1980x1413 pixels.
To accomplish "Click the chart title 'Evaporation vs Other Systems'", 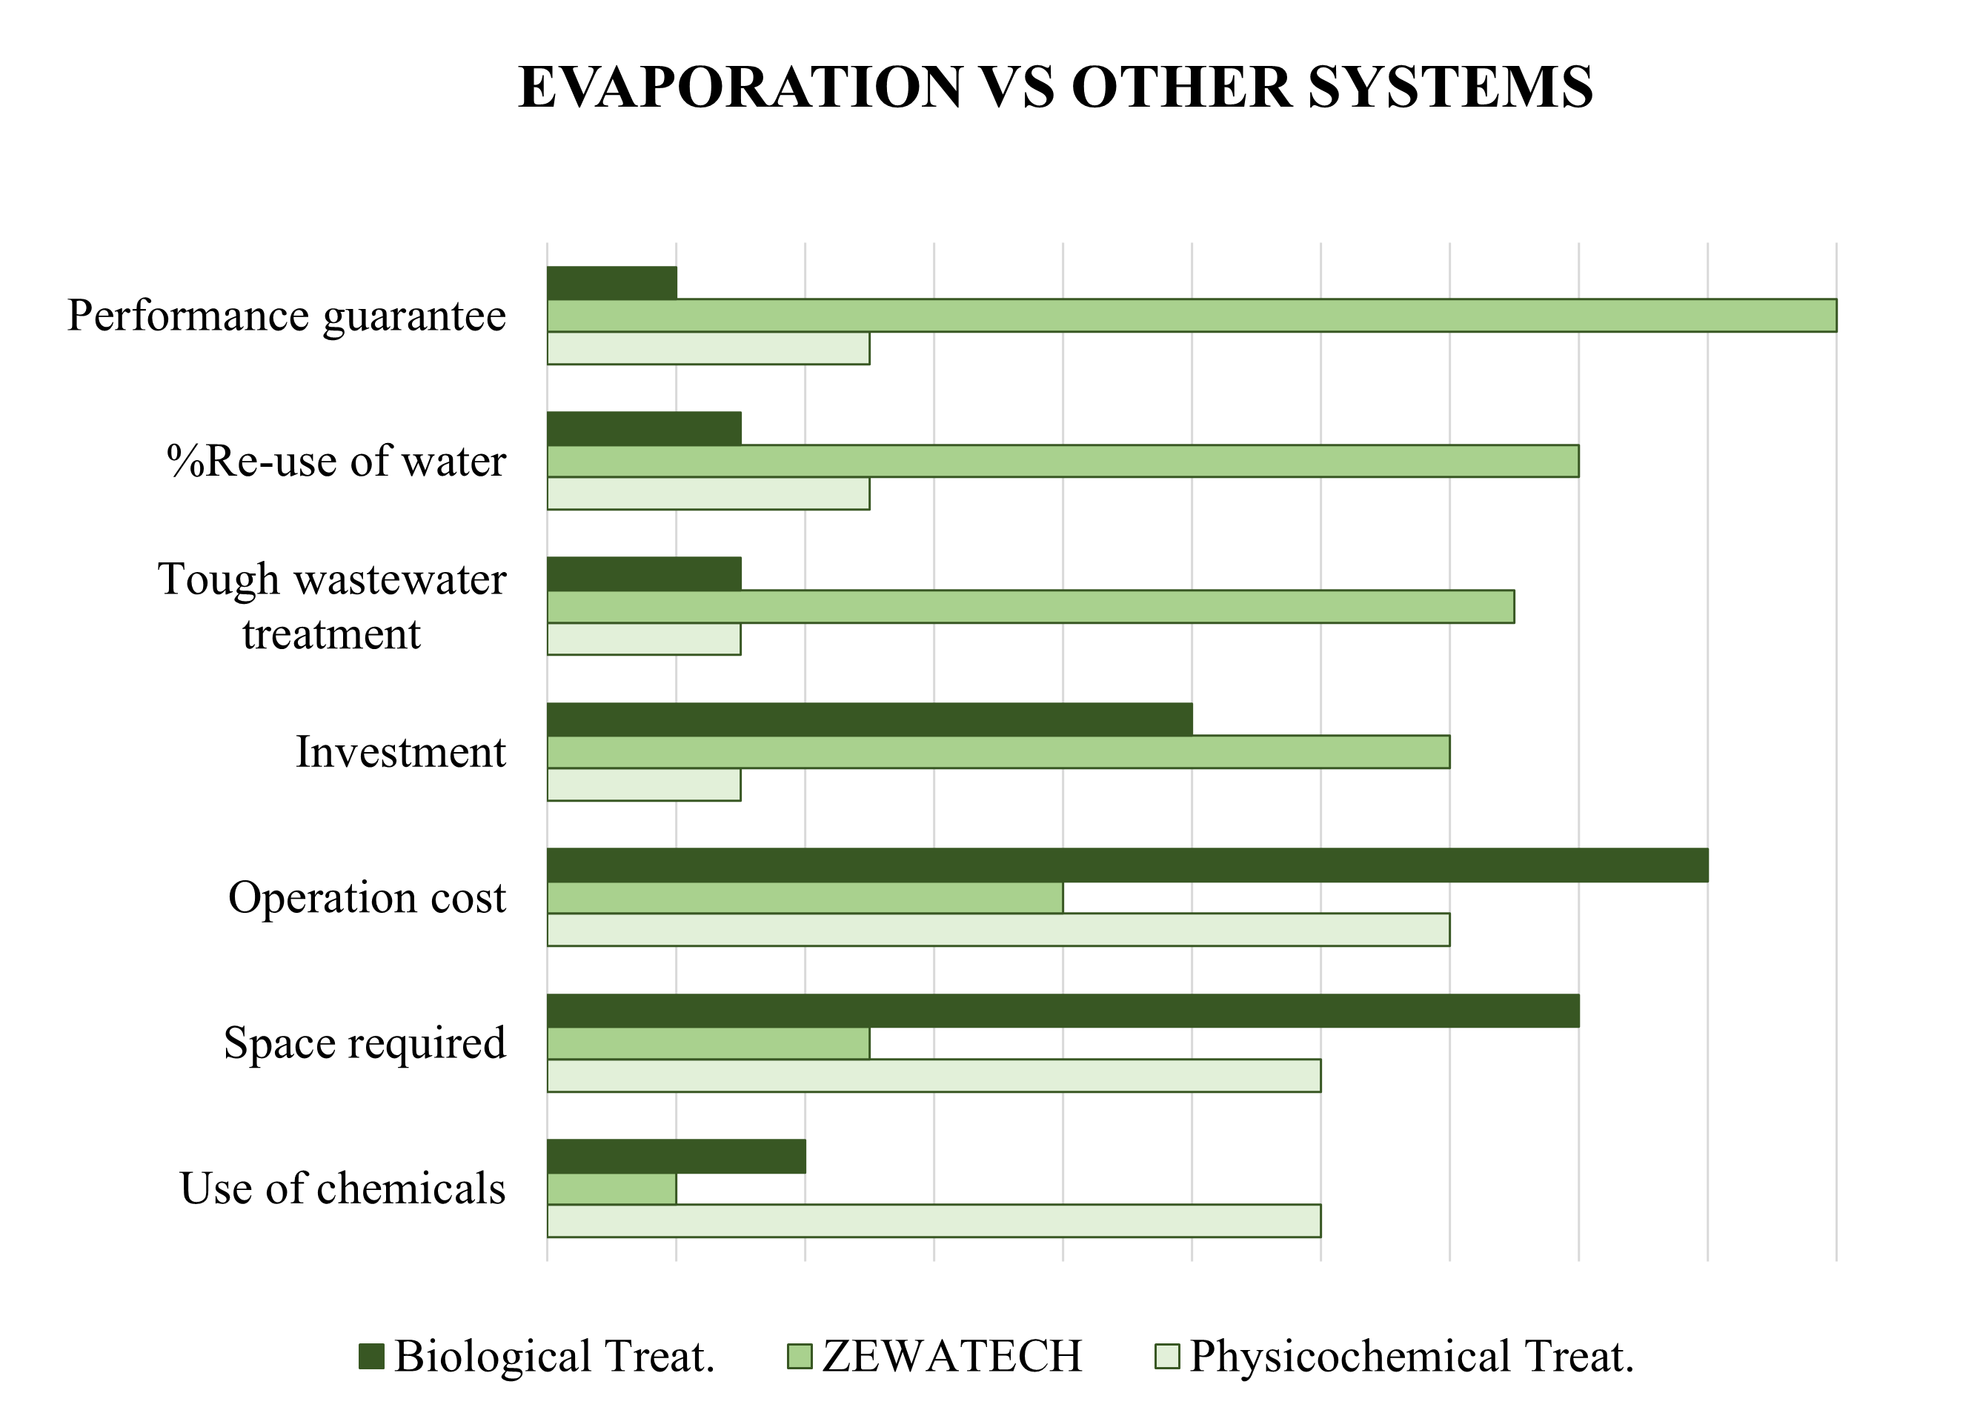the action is [1055, 87].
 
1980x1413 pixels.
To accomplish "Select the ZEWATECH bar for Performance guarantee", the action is [1192, 315].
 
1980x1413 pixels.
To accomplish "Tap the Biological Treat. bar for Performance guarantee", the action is [611, 283].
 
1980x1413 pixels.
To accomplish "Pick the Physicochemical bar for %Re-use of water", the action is [708, 493].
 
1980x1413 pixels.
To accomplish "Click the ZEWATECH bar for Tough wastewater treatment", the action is [1031, 606].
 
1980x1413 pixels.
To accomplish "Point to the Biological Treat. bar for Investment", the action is [870, 719].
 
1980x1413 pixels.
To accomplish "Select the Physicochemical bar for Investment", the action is [644, 784].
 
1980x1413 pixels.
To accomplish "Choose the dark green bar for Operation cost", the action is [1127, 865].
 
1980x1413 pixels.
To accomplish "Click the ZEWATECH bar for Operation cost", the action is [805, 897].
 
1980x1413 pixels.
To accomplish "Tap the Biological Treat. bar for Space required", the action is [1063, 1010].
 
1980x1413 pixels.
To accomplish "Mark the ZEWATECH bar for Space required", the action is [708, 1043].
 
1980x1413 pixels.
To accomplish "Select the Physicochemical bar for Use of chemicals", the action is [934, 1220].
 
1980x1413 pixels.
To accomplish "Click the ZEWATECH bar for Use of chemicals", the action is [611, 1188].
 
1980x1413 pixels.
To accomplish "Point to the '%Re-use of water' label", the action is [336, 461].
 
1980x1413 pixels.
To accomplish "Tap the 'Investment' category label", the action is [400, 752].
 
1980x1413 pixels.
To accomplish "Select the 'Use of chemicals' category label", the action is [343, 1188].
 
